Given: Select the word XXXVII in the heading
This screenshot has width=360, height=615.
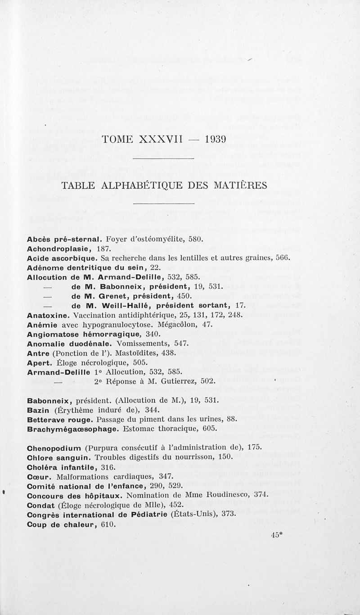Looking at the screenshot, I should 160,139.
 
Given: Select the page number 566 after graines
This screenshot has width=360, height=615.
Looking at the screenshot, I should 281,258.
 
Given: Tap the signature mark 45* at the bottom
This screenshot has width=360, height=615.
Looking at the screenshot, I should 276,535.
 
